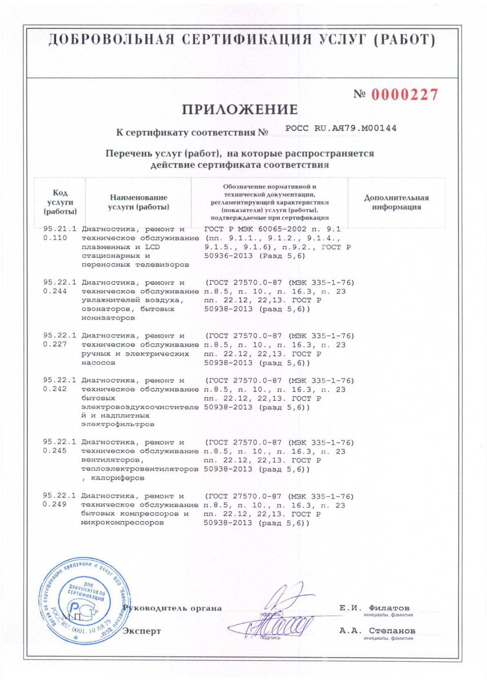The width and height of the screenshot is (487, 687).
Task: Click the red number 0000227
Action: pyautogui.click(x=404, y=95)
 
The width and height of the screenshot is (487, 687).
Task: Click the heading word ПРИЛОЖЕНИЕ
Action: pyautogui.click(x=240, y=109)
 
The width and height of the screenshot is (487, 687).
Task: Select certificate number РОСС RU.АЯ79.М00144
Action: pyautogui.click(x=341, y=128)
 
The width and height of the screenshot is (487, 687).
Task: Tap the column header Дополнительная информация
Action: pyautogui.click(x=396, y=202)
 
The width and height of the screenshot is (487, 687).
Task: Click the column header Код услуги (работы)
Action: pyautogui.click(x=60, y=202)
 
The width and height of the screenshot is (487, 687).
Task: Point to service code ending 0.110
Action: pyautogui.click(x=55, y=238)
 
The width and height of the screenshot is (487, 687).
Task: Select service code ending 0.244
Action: pyautogui.click(x=55, y=291)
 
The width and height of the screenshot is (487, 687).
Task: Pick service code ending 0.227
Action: pyautogui.click(x=55, y=345)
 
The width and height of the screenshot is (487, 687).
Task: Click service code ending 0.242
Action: pyautogui.click(x=55, y=389)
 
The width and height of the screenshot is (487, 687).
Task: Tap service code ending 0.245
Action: pyautogui.click(x=55, y=451)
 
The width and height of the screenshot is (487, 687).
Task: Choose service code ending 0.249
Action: pyautogui.click(x=55, y=505)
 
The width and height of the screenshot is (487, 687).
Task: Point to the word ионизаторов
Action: pyautogui.click(x=108, y=318)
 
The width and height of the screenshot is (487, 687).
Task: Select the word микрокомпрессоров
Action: pyautogui.click(x=123, y=523)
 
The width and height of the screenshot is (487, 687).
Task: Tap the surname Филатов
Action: pyautogui.click(x=389, y=608)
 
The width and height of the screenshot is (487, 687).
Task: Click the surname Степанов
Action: pyautogui.click(x=392, y=631)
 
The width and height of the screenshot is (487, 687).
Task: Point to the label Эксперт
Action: pyautogui.click(x=142, y=631)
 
